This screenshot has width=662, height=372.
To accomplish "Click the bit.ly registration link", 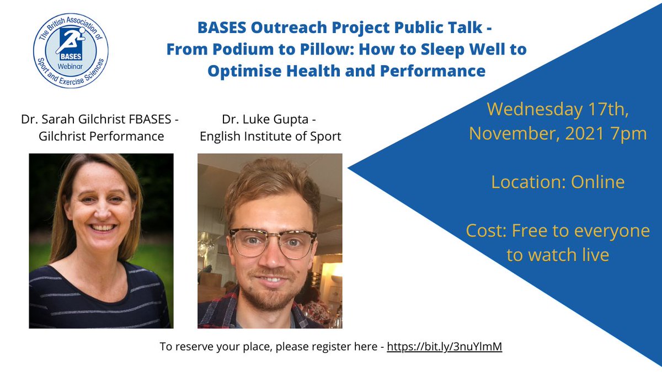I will click(x=444, y=347).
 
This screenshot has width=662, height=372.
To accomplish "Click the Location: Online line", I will click(x=558, y=182).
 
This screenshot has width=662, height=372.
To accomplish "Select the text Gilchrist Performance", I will click(x=102, y=136).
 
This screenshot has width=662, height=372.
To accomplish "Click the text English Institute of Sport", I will click(x=270, y=136).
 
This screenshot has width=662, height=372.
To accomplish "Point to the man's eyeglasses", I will click(x=272, y=241).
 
